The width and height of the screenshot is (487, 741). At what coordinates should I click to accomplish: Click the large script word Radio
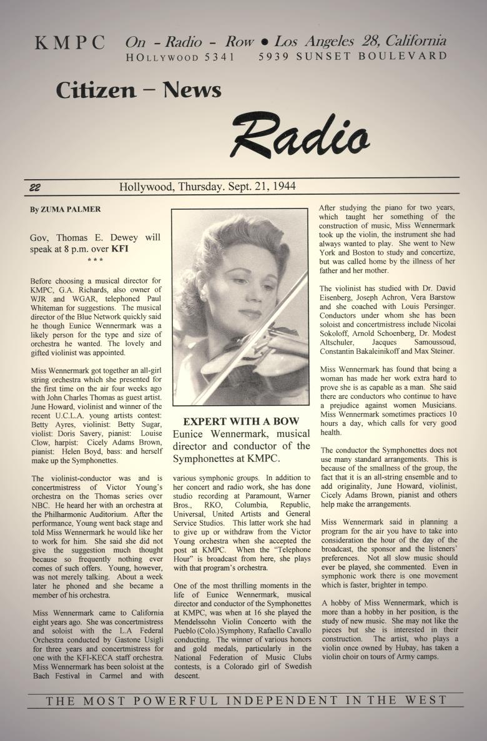pos(300,135)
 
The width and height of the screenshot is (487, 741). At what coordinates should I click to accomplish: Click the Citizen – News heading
pos(138,91)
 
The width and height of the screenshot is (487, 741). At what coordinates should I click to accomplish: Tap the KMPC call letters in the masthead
pos(70,43)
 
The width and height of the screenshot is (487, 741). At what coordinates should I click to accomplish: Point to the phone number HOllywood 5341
pos(180,57)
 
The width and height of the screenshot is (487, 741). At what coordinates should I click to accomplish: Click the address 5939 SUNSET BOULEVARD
pos(352,56)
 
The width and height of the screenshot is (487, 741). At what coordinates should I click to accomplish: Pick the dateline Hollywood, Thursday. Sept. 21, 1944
pos(207,187)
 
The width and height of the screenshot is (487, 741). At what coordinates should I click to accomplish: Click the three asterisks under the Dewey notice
pos(95,260)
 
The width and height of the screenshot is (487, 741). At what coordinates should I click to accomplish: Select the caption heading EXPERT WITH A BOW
pos(241,421)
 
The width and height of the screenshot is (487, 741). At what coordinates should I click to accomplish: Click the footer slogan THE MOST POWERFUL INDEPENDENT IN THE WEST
pos(246,700)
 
